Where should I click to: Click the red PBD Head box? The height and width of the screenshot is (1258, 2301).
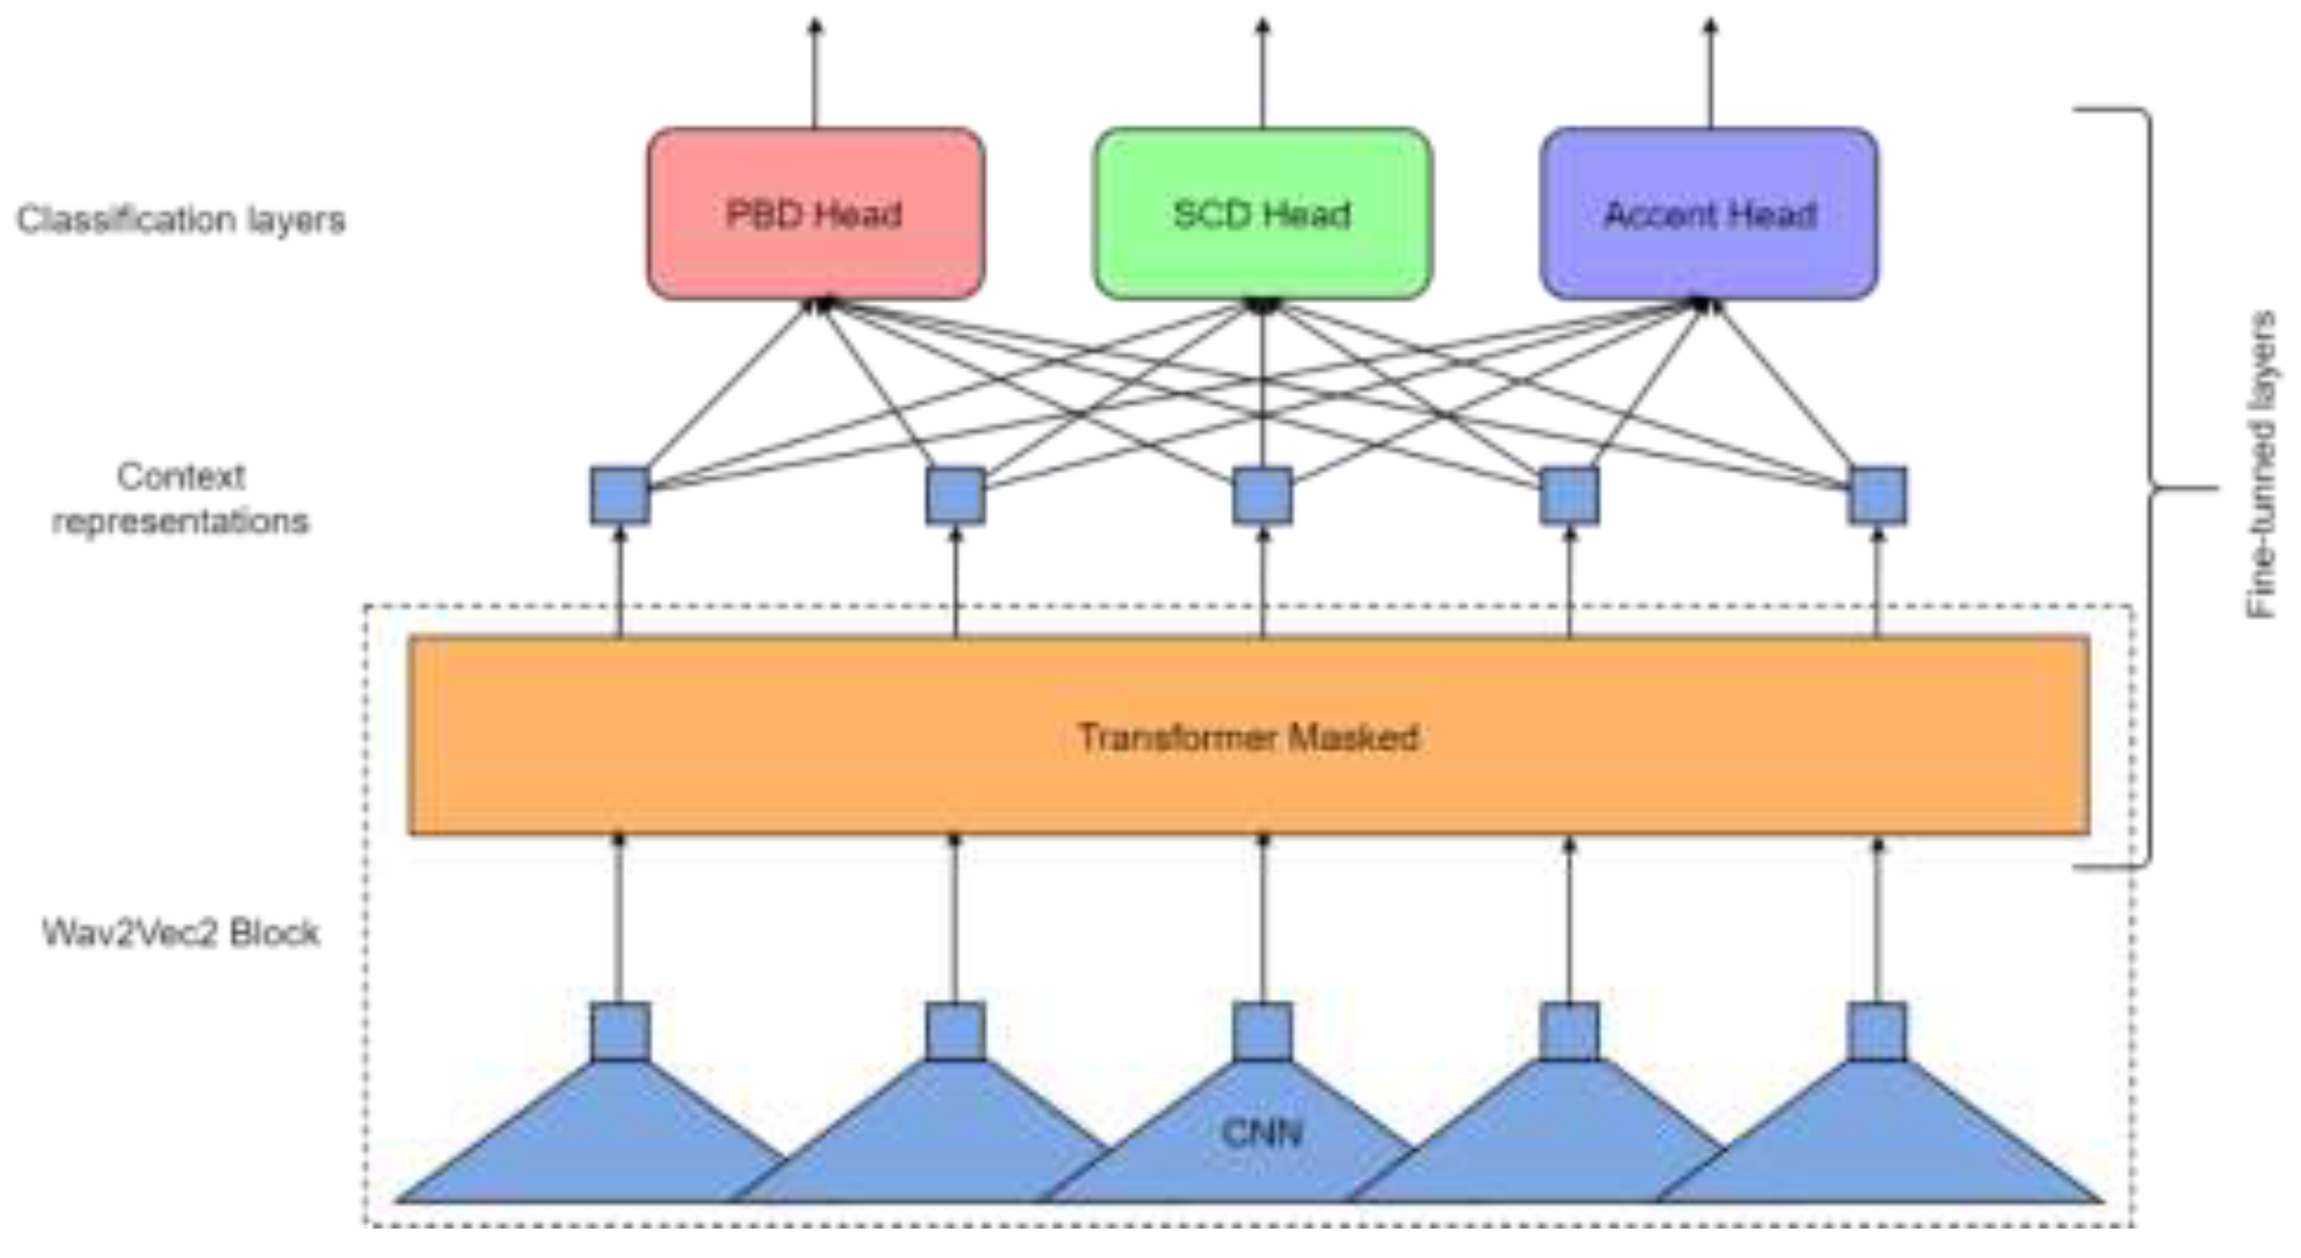pos(815,213)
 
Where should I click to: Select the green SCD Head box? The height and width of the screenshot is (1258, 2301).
pos(1262,213)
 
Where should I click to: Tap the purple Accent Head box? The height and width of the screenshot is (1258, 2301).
pos(1708,213)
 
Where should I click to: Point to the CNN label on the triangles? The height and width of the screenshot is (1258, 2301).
pos(1261,1133)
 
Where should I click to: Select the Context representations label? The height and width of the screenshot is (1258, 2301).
pos(180,499)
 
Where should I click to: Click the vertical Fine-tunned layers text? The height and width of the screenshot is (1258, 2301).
pos(2261,465)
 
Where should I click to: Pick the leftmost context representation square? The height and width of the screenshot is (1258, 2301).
pos(620,496)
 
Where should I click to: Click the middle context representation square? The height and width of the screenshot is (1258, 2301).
pos(1262,496)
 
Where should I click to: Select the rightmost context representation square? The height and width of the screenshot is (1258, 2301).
pos(1877,496)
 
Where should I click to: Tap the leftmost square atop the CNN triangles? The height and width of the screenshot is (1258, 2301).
pos(620,1031)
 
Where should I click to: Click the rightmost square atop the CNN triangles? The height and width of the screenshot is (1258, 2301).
pos(1877,1031)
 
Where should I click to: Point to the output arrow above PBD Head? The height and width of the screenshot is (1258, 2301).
pos(815,72)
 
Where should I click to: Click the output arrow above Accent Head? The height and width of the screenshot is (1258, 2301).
pos(1710,72)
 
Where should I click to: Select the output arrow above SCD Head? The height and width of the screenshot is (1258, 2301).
pos(1262,72)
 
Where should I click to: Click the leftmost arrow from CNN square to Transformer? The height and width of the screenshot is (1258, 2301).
pos(620,920)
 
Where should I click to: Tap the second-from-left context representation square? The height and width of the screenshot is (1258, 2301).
pos(955,496)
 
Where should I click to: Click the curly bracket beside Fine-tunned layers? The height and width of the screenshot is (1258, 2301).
pos(2148,488)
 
